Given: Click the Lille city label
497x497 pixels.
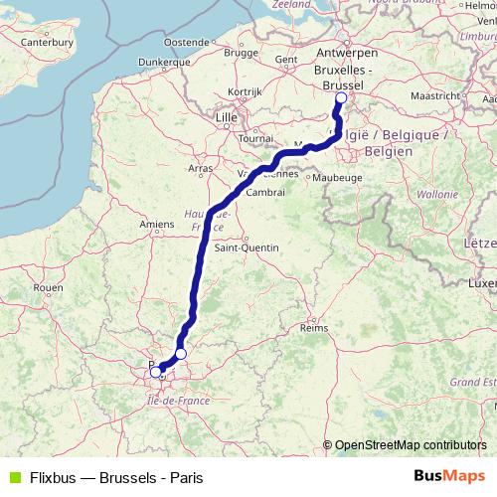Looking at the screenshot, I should [x=229, y=117].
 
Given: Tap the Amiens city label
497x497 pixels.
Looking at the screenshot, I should [x=157, y=226].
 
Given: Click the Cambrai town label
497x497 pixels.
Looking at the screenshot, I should [x=265, y=191].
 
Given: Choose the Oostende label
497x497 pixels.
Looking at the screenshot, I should [x=185, y=42].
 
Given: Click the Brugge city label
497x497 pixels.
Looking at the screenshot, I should [x=242, y=53].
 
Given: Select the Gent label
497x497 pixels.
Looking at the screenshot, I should [x=286, y=60].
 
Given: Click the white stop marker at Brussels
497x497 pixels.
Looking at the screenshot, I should [x=341, y=98].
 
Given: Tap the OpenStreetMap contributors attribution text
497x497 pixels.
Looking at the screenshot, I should [x=411, y=445].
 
